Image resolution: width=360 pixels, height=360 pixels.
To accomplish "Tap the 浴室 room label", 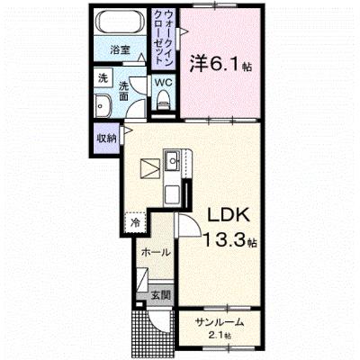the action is (x=120, y=50).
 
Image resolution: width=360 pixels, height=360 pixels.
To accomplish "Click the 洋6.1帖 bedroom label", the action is (x=220, y=64).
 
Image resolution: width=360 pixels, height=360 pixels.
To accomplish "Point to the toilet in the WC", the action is (x=164, y=100).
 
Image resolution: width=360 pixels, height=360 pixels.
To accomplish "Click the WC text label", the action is (x=163, y=83).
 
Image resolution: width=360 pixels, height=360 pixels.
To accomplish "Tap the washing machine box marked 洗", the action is (x=103, y=78).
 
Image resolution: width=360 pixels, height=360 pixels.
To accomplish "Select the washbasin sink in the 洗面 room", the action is (x=103, y=106).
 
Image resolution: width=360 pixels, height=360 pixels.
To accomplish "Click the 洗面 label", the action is (x=123, y=91).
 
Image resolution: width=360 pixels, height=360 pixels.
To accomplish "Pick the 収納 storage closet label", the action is (x=106, y=139).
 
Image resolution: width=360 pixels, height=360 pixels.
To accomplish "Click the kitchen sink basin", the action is (x=173, y=160).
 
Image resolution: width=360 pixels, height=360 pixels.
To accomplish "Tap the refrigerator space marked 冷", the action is (x=136, y=222).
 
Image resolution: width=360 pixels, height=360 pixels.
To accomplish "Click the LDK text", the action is (x=229, y=215).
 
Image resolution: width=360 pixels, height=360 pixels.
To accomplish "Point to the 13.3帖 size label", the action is (x=230, y=240).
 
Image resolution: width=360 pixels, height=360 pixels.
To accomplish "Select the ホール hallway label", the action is (x=156, y=252).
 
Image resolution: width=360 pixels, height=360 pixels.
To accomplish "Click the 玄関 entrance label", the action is (x=160, y=296).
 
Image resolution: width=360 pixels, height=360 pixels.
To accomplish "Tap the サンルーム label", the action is (x=219, y=323).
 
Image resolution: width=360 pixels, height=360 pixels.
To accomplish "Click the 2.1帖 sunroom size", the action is (x=220, y=335).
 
